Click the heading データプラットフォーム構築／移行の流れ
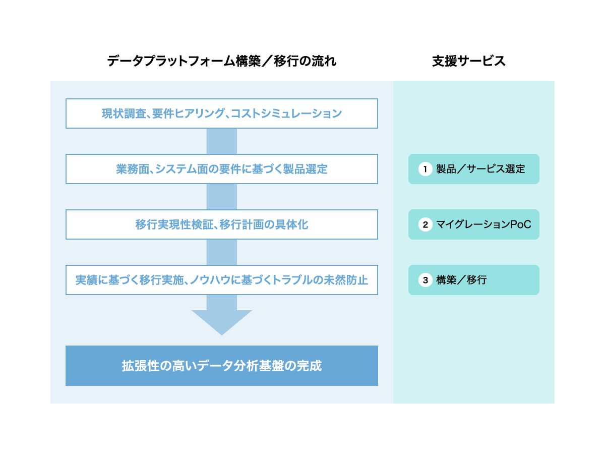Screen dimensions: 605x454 (222, 61)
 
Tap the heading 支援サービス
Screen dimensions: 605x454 (468, 61)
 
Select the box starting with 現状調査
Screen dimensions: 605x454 (222, 113)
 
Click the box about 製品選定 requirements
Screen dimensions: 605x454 (222, 169)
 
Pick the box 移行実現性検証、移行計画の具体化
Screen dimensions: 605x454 (222, 224)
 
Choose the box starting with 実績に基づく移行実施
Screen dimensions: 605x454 (222, 280)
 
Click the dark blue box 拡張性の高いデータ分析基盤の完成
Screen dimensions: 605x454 (222, 366)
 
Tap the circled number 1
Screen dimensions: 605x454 (426, 169)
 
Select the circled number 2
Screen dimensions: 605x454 (426, 224)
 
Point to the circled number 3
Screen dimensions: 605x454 (426, 280)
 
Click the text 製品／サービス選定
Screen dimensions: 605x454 (480, 169)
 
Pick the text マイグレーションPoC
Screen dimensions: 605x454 (483, 224)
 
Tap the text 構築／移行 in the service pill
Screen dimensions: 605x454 (461, 280)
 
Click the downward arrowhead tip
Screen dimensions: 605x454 (222, 335)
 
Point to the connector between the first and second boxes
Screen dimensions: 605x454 (222, 141)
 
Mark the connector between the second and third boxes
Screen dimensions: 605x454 (222, 197)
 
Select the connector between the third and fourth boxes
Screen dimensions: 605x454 (222, 252)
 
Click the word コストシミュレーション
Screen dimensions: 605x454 (286, 113)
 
